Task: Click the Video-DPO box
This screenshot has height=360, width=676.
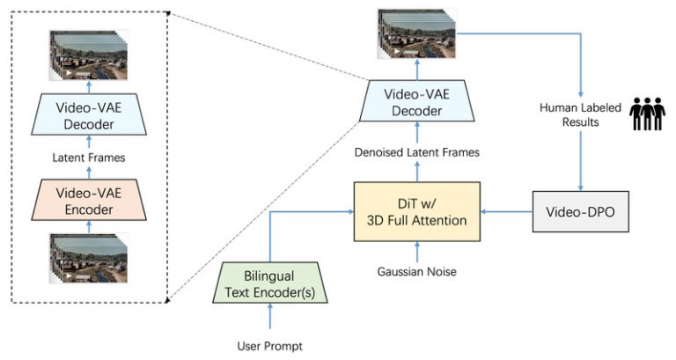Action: tap(581, 212)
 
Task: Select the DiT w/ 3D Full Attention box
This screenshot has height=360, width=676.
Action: tap(416, 212)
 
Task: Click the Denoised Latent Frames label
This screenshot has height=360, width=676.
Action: tap(416, 152)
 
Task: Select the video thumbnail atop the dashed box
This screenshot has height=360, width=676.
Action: tap(89, 55)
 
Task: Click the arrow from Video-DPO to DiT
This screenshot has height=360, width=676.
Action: tap(507, 212)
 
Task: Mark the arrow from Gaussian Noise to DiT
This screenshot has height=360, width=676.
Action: tap(416, 252)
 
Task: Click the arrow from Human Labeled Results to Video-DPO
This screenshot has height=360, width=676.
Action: tap(580, 158)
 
